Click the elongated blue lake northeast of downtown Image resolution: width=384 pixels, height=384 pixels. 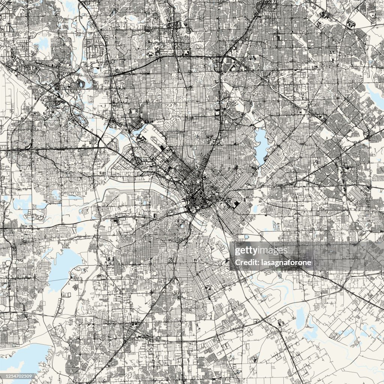click(x=261, y=144)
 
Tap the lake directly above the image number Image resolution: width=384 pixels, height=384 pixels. click(x=22, y=358)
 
